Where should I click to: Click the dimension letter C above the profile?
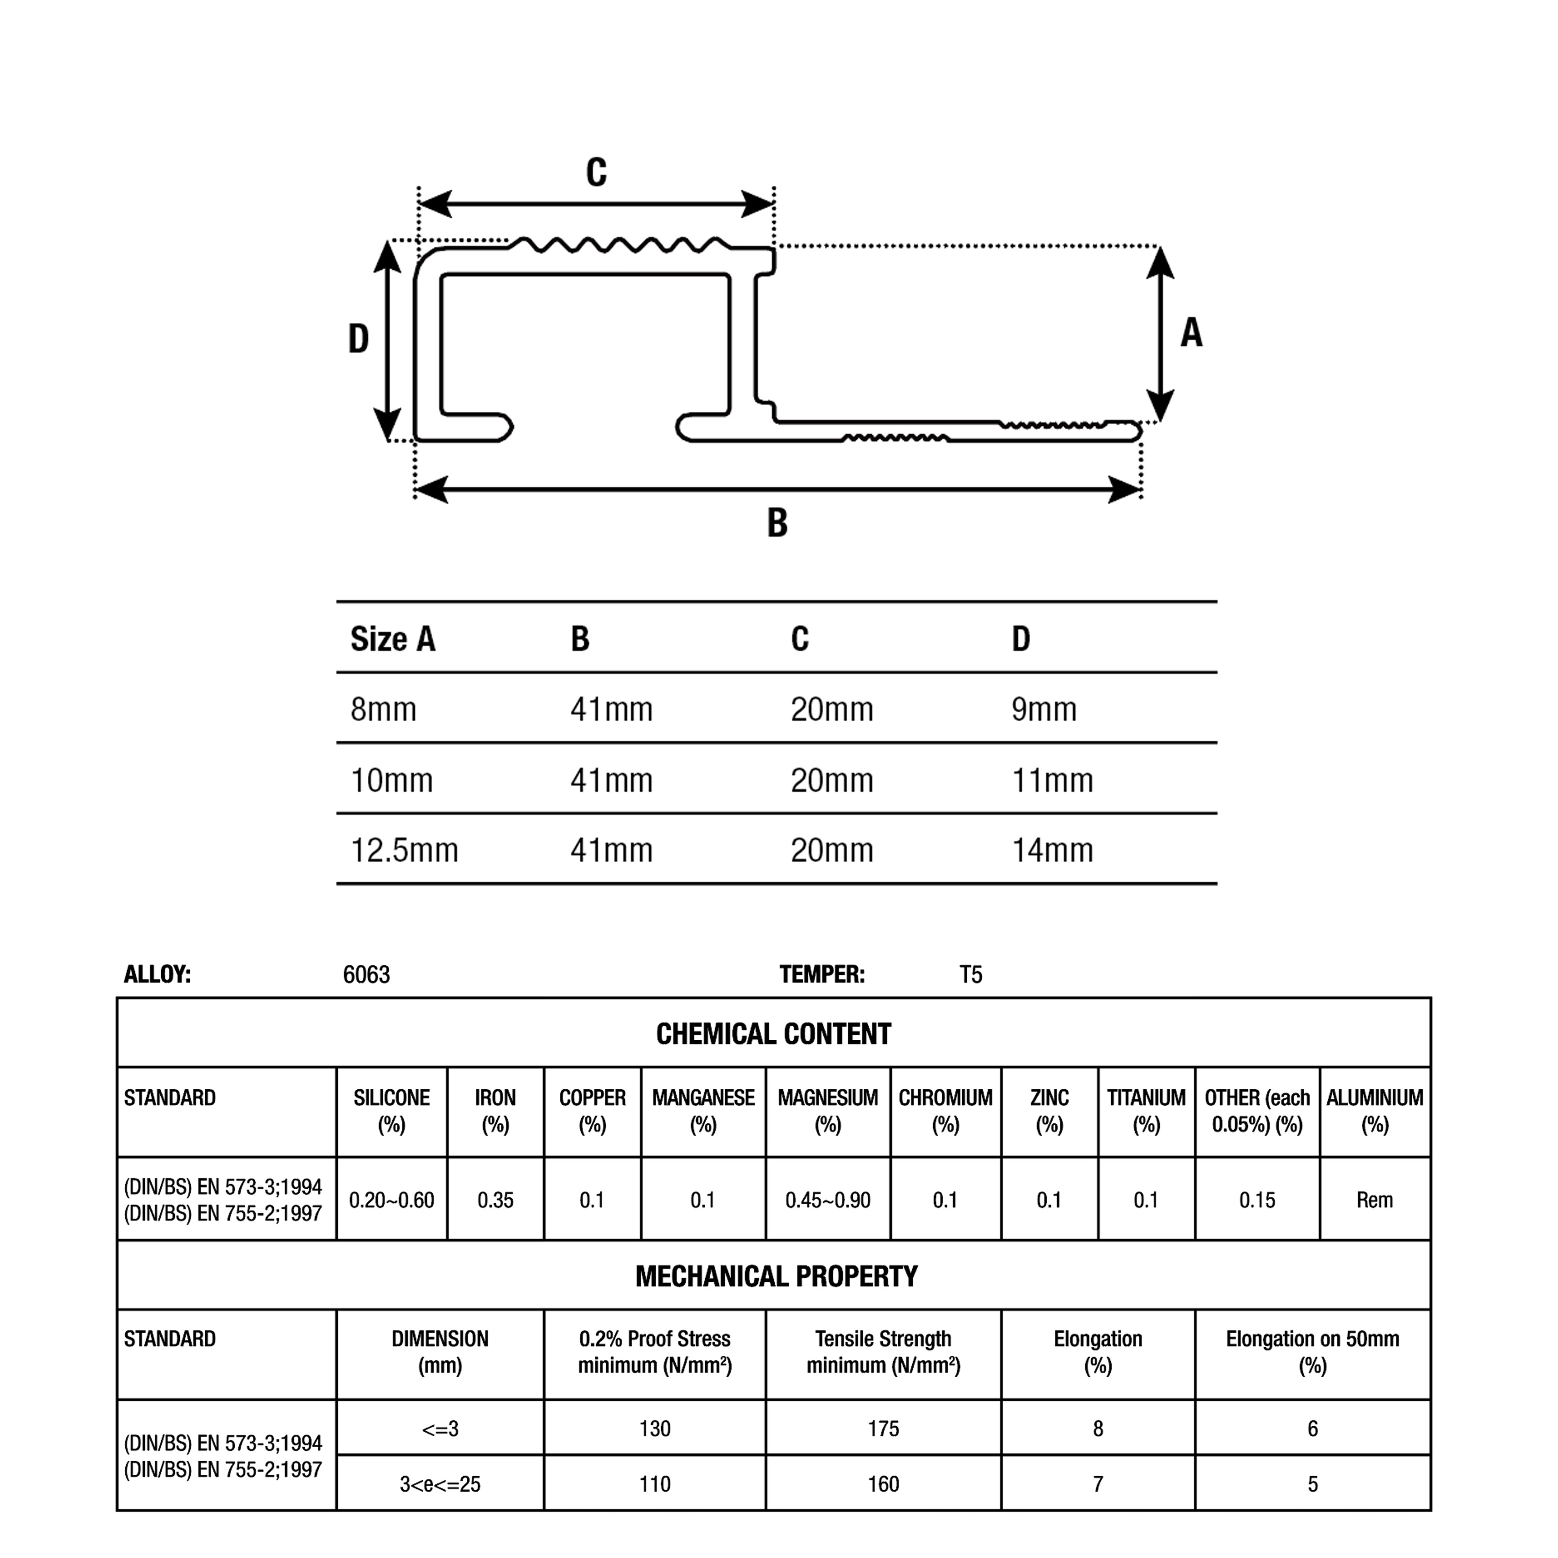click(x=596, y=172)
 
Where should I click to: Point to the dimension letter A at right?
click(x=1191, y=332)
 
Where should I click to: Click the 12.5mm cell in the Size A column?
click(x=404, y=850)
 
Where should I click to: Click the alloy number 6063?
click(x=366, y=975)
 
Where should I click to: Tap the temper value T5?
click(x=971, y=975)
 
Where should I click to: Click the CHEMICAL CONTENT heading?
click(x=773, y=1034)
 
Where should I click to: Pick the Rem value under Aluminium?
click(x=1374, y=1200)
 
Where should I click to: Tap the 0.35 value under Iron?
click(x=495, y=1200)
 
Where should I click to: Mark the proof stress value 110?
click(x=654, y=1484)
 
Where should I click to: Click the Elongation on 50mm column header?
click(x=1312, y=1352)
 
